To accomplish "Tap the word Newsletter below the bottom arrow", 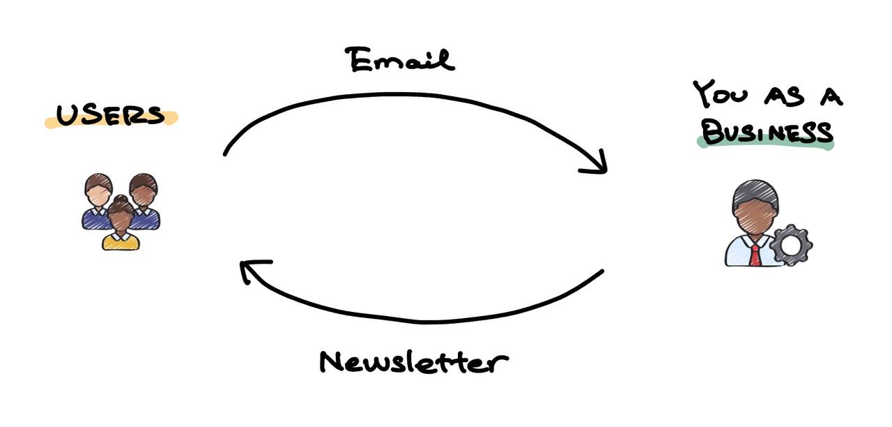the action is (x=414, y=362).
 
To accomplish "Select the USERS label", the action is (x=111, y=116).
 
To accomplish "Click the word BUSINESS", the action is (x=767, y=133).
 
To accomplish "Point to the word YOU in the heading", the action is (x=720, y=94).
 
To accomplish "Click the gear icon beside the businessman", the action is (x=791, y=245).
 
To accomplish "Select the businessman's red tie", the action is (x=755, y=255).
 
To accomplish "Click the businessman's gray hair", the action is (x=755, y=194).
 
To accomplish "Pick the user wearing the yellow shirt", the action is (x=121, y=223).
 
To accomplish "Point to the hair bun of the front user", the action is (x=121, y=199).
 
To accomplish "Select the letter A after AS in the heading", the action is (x=831, y=98).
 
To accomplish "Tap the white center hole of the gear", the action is (x=790, y=246).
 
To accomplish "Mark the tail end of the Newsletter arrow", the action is (x=603, y=271).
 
